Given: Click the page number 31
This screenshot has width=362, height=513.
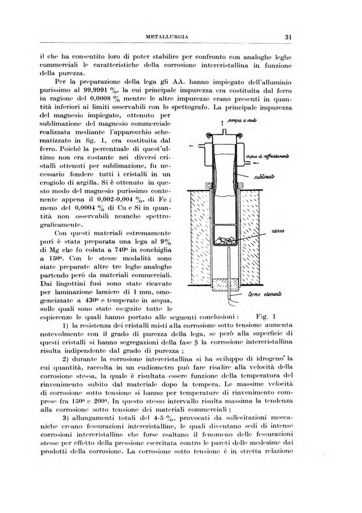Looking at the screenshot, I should (x=289, y=38).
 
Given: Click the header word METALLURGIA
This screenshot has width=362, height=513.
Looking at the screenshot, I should (x=168, y=38).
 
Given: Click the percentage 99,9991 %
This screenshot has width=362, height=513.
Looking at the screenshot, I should (x=128, y=91).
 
